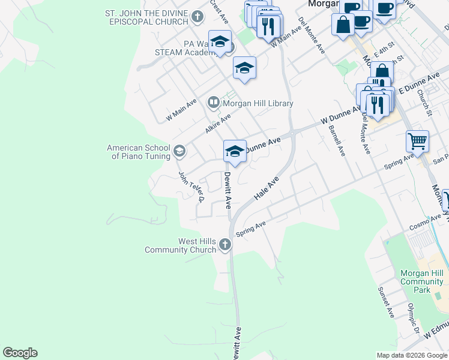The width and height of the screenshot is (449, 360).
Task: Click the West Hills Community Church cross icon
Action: pyautogui.click(x=224, y=244)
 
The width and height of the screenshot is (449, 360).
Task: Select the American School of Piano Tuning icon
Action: pyautogui.click(x=179, y=152)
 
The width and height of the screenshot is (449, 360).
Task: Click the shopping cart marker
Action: pyautogui.click(x=417, y=142)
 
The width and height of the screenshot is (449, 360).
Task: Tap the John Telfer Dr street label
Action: pyautogui.click(x=192, y=187)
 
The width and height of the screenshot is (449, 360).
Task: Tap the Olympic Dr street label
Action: pyautogui.click(x=413, y=322)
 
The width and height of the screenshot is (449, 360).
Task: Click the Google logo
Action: pyautogui.click(x=20, y=353)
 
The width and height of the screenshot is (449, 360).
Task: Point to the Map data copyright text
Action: pyautogui.click(x=411, y=355)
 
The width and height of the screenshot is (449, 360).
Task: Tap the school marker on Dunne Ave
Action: pyautogui.click(x=235, y=151)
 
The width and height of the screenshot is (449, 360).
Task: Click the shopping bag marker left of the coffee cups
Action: pyautogui.click(x=343, y=25)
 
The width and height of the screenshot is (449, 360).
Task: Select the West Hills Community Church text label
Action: pyautogui.click(x=180, y=245)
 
